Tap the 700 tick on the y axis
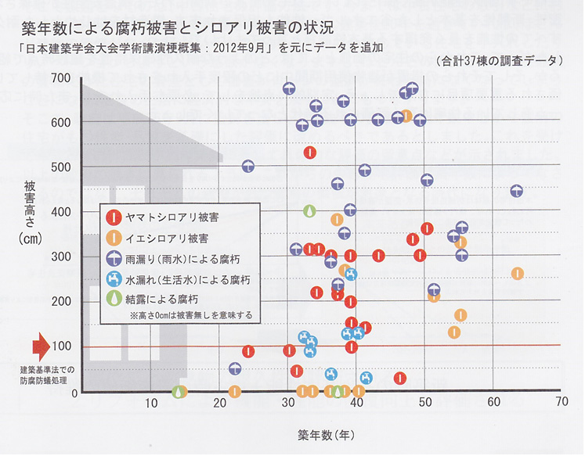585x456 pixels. coord(60,77)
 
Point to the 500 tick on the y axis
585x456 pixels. coord(60,167)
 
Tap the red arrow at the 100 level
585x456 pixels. coord(41,346)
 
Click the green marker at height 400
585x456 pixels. coord(310,211)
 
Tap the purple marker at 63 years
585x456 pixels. coord(516,192)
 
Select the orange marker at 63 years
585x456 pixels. coord(517,274)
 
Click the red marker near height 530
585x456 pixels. coord(310,153)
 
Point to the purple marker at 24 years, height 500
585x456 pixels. coord(247,167)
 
